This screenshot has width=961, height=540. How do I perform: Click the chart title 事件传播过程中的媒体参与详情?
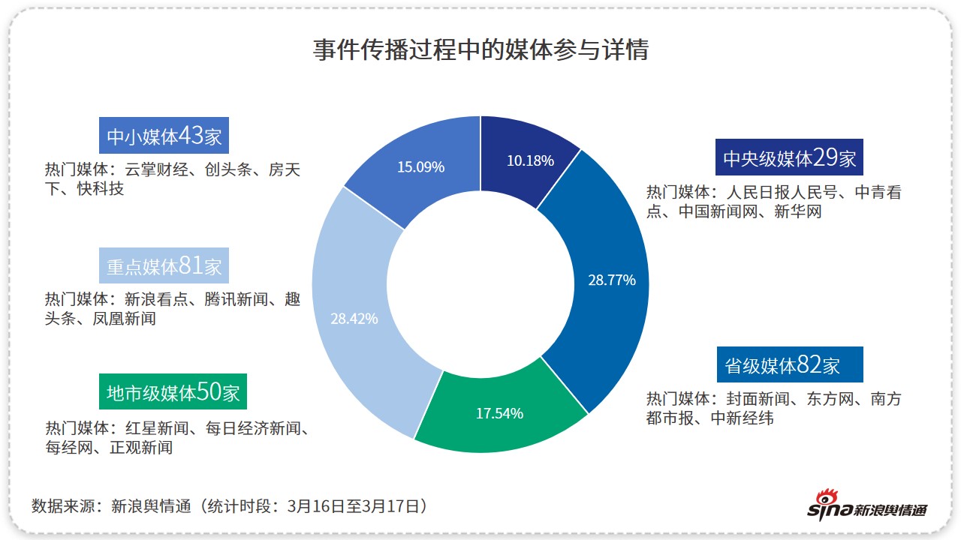pos(480,50)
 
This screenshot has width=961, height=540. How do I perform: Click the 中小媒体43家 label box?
pos(164,136)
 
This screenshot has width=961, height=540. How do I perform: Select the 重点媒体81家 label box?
pos(164,265)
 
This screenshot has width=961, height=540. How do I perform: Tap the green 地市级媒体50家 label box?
pos(173,392)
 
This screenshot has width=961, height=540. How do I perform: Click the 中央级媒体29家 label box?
pos(789,158)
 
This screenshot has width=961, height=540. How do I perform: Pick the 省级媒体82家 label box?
pos(789,365)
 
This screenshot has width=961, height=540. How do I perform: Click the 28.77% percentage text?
pos(612,280)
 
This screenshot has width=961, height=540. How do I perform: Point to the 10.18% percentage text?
pos(530,160)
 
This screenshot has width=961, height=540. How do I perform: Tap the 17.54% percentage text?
pos(499,413)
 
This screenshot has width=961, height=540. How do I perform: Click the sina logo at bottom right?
pos(866,505)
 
